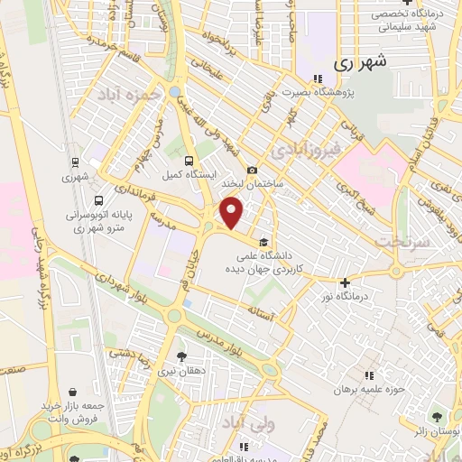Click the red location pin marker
point(232,213)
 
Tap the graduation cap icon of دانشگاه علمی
point(262,242)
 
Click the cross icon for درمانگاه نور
point(345,282)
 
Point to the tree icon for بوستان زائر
point(438,417)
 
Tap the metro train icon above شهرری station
point(77,163)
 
